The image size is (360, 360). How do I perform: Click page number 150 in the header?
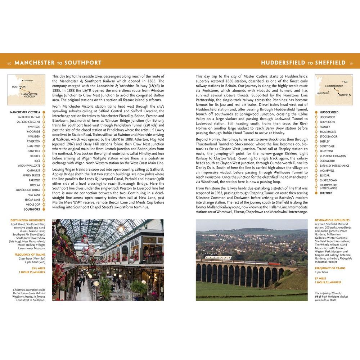pyautogui.click(x=9, y=63)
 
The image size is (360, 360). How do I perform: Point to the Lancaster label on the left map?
pyautogui.click(x=28, y=80)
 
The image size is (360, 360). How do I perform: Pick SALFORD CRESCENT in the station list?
pyautogui.click(x=28, y=122)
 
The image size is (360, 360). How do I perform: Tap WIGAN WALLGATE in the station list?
pyautogui.click(x=29, y=166)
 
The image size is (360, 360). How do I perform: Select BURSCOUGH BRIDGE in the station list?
pyautogui.click(x=28, y=190)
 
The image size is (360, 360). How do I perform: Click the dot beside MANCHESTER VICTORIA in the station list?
pyautogui.click(x=44, y=112)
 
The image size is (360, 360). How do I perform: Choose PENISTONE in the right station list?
pyautogui.click(x=327, y=151)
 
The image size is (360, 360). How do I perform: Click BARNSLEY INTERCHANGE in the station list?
pyautogui.click(x=334, y=166)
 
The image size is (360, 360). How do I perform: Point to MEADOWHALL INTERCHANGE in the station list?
pyautogui.click(x=329, y=186)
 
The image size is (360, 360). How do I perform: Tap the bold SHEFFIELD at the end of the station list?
pyautogui.click(x=326, y=193)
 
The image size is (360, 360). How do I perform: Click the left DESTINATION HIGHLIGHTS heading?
pyautogui.click(x=28, y=220)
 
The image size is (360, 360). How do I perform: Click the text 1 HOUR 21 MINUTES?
pyautogui.click(x=328, y=282)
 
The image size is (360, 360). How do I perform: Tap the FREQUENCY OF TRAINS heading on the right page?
pyautogui.click(x=330, y=268)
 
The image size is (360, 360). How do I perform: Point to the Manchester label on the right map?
pyautogui.click(x=323, y=93)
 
